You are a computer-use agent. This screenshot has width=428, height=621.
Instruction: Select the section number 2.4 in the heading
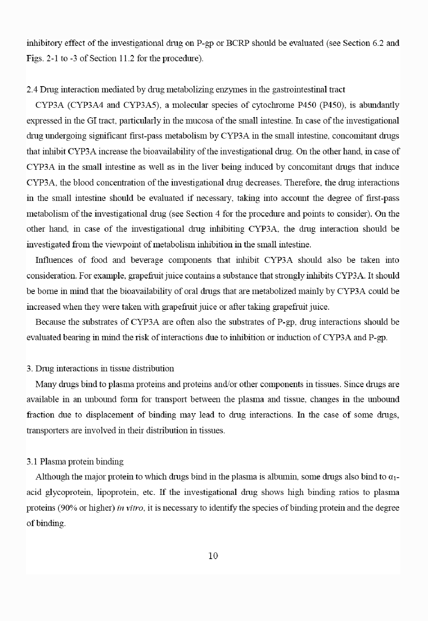point(32,89)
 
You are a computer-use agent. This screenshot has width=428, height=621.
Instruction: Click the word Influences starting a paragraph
point(54,260)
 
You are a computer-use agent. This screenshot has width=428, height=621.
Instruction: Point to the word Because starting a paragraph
point(50,322)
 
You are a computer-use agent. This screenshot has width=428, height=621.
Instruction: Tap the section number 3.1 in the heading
point(32,462)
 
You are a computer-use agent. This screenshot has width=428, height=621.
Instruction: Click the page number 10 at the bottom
point(213,556)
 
